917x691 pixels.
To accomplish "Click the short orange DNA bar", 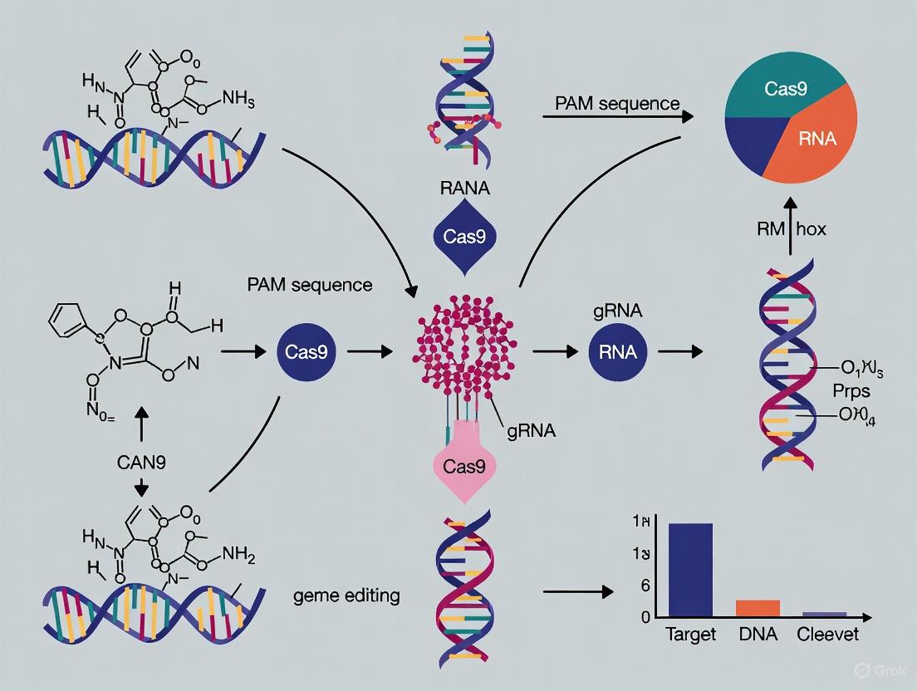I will pyautogui.click(x=758, y=607).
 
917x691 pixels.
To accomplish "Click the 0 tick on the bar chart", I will pyautogui.click(x=645, y=616).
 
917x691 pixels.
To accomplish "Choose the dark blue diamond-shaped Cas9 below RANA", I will pyautogui.click(x=463, y=236).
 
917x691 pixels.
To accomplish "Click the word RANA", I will pyautogui.click(x=463, y=189).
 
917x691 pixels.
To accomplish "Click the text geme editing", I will pyautogui.click(x=346, y=595).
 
